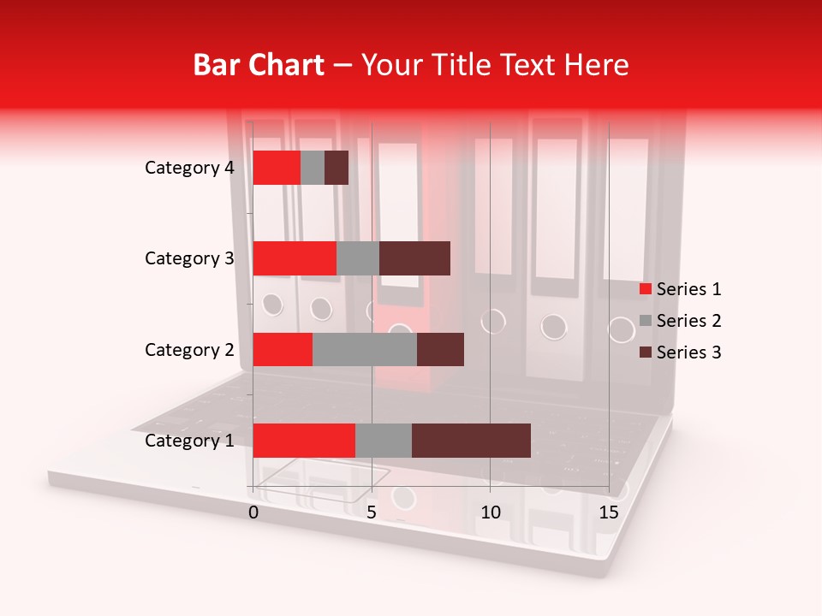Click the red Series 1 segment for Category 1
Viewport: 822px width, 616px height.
[304, 441]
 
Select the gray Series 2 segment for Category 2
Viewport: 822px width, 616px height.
[365, 349]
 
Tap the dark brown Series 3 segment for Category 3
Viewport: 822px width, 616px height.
[414, 258]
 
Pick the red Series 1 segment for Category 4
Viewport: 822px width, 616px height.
[277, 168]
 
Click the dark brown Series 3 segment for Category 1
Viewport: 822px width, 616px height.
[471, 441]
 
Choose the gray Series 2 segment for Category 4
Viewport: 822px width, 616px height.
[313, 168]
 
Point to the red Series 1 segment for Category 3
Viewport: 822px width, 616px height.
[295, 258]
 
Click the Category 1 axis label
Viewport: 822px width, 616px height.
[189, 441]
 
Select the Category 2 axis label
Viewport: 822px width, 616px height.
[189, 349]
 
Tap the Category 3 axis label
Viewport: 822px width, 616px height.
[189, 258]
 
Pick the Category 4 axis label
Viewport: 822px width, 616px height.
[189, 168]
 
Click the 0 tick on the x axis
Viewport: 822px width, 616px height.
[253, 512]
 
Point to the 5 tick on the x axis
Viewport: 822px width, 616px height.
[372, 512]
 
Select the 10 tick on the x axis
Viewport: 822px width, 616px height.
[490, 512]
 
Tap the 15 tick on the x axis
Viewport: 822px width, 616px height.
[609, 512]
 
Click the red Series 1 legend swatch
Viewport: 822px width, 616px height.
[646, 289]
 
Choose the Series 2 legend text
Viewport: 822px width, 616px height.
[688, 321]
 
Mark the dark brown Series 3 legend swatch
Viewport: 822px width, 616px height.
[646, 352]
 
